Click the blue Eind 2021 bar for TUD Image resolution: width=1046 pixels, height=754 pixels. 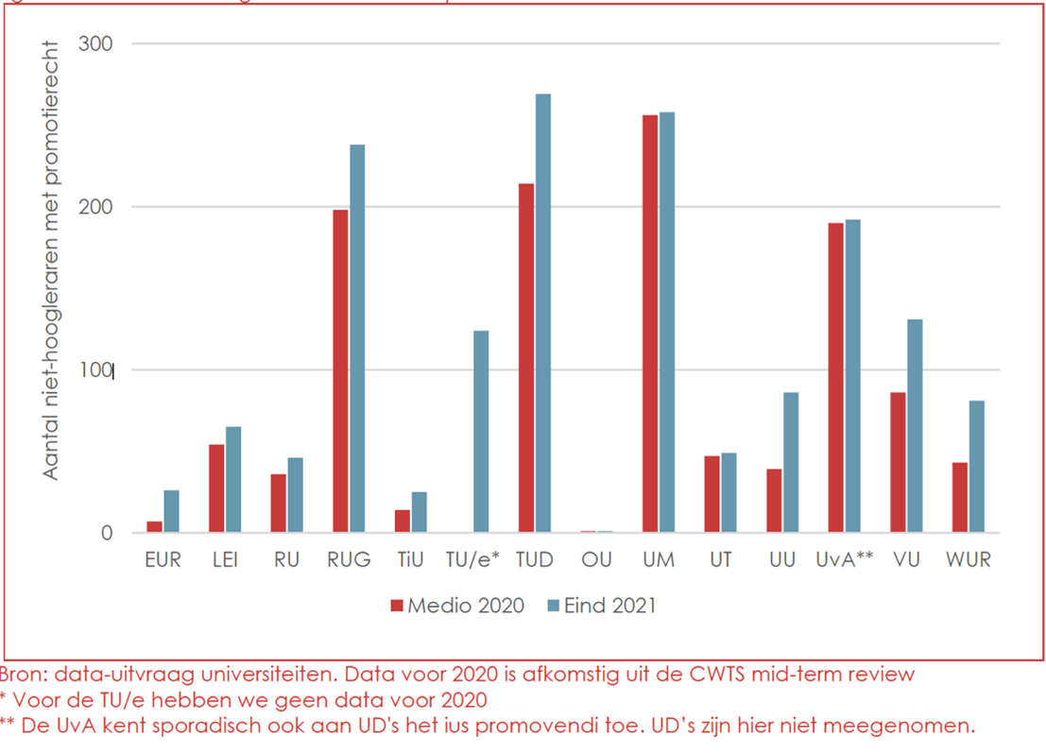542,313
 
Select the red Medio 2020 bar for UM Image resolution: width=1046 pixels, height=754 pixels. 650,324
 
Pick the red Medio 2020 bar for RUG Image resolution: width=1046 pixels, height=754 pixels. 340,371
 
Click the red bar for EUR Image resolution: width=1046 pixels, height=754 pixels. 155,527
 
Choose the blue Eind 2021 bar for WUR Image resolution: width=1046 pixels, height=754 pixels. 976,467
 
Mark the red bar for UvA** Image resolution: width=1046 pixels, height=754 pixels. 836,378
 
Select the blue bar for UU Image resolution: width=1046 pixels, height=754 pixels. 791,463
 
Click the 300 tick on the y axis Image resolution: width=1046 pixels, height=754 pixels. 95,44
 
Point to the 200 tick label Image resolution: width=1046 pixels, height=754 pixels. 95,207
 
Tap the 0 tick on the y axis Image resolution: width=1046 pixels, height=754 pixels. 106,534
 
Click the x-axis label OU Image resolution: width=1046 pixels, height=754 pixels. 596,560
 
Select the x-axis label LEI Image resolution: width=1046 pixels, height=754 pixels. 225,560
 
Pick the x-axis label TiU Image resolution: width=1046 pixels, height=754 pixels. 411,560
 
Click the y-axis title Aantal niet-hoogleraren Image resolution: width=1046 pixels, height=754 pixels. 51,260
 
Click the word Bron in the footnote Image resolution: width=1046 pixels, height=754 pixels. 24,675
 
